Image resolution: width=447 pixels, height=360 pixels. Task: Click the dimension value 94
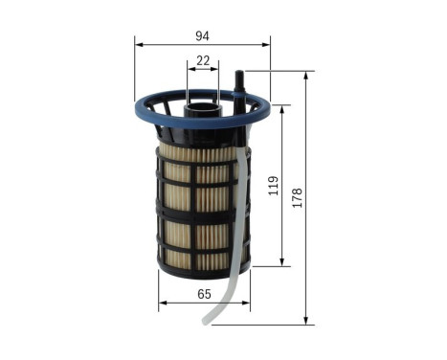point(202,36)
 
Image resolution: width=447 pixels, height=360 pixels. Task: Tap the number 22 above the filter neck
point(202,60)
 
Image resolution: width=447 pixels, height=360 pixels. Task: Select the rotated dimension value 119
point(273,184)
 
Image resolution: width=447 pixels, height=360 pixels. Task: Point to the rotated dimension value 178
point(298,196)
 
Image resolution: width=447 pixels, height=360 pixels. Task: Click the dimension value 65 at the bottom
point(203,294)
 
